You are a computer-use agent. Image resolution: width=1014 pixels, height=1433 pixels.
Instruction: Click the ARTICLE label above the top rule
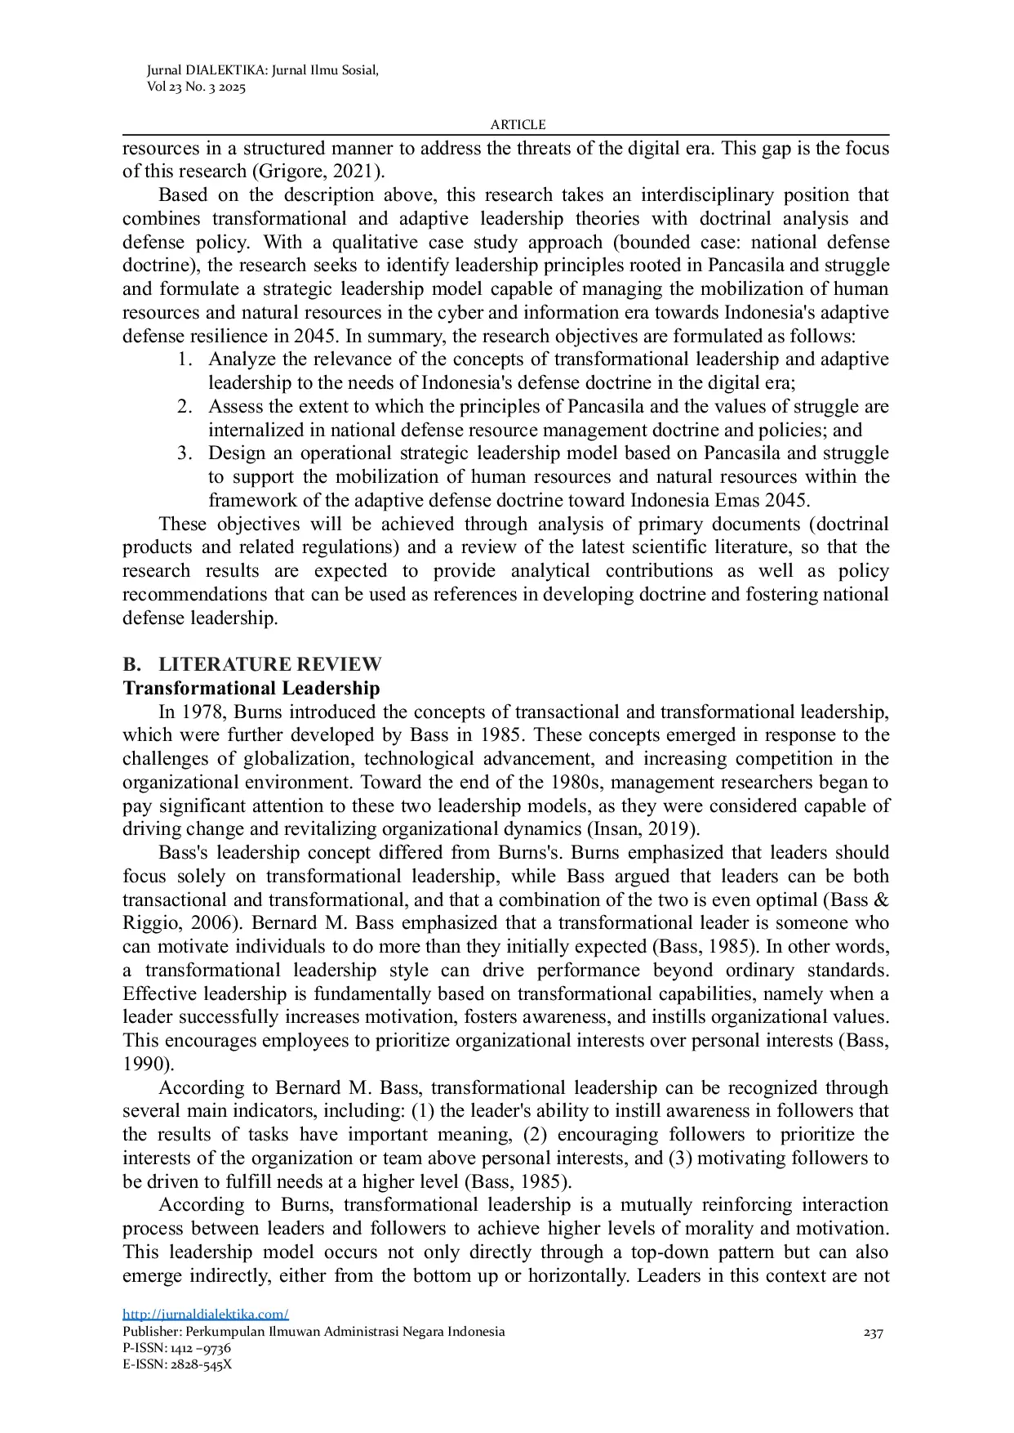tap(518, 124)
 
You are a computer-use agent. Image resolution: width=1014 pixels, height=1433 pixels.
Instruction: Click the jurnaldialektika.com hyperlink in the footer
tap(205, 1314)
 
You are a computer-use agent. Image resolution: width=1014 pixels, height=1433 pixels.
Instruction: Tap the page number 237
tap(873, 1333)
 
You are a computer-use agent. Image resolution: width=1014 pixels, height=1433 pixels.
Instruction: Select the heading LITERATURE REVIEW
tap(269, 663)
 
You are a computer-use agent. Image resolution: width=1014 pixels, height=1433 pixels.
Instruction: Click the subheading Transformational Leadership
tap(251, 688)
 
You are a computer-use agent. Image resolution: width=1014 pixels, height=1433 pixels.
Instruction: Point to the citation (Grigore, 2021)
tap(318, 172)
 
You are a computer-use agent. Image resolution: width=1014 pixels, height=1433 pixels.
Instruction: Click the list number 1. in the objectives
tap(185, 359)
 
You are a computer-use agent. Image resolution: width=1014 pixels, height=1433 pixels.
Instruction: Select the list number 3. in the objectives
tap(185, 453)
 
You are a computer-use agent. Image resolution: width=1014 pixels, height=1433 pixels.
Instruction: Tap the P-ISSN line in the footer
tap(176, 1348)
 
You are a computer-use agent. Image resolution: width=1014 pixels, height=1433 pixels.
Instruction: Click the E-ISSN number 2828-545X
tap(201, 1364)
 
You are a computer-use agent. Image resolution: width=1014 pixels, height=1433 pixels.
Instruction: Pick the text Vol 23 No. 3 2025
tap(196, 87)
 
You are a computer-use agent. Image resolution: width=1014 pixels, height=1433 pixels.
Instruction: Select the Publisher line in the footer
tap(314, 1332)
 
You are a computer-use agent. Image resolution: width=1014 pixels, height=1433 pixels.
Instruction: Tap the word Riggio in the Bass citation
tap(152, 923)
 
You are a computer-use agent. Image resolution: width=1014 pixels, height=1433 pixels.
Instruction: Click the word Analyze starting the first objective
tap(241, 359)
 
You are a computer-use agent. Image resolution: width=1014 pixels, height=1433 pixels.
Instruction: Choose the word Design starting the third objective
tap(237, 453)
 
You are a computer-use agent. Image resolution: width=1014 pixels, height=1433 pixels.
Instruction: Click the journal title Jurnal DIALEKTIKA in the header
tap(207, 70)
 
